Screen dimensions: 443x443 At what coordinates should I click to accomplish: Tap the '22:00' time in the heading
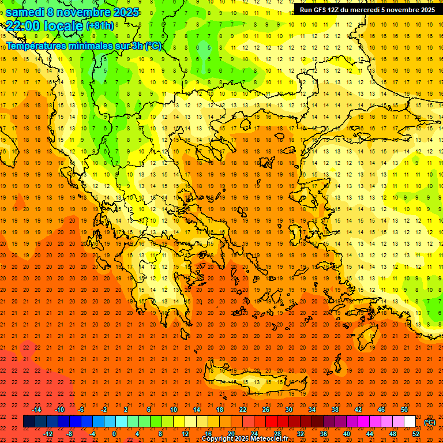click(x=21, y=26)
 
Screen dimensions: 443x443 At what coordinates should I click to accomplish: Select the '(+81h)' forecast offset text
click(x=99, y=26)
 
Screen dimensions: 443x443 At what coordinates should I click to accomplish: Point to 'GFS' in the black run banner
click(x=320, y=10)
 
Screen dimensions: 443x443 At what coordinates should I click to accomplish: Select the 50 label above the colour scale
click(x=404, y=410)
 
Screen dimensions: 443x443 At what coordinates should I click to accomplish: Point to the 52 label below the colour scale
click(x=416, y=434)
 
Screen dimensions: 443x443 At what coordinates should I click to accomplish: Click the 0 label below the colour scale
click(x=114, y=434)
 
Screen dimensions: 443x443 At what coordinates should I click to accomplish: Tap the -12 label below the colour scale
click(x=48, y=434)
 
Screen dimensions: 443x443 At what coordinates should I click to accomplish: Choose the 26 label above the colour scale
click(x=266, y=410)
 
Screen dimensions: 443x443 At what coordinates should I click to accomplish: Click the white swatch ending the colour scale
click(x=410, y=422)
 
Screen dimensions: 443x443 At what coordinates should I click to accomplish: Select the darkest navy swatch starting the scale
click(x=29, y=422)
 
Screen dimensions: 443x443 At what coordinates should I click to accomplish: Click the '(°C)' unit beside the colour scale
click(x=430, y=422)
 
